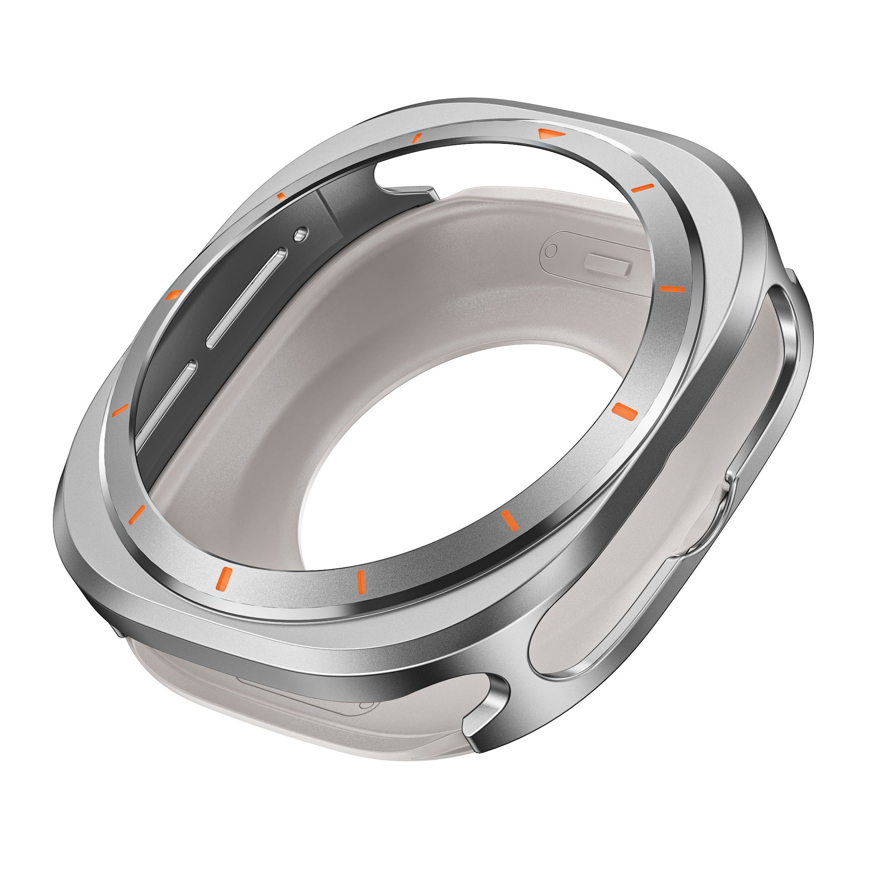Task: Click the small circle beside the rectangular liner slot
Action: [551, 250]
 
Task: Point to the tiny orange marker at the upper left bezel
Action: [282, 196]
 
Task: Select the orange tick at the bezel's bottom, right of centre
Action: [509, 519]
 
